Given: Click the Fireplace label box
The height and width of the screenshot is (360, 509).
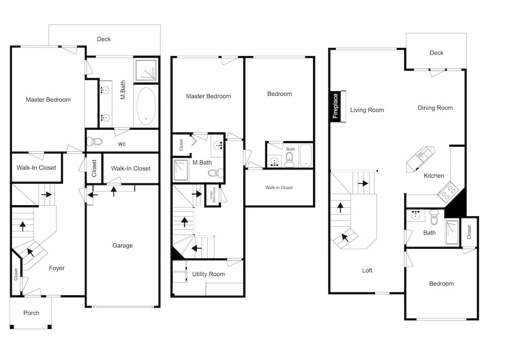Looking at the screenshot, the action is [x=335, y=106].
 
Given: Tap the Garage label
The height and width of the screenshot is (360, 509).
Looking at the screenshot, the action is [x=122, y=245].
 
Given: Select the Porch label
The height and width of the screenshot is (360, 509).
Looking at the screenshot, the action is [x=31, y=313].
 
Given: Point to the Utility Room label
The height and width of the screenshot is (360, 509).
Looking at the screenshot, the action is [x=208, y=274].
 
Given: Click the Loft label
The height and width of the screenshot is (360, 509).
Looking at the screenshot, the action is [x=367, y=270].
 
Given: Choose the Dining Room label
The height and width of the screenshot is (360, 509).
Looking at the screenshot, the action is [x=435, y=108].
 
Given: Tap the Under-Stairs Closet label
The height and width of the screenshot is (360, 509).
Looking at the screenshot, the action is [x=213, y=195].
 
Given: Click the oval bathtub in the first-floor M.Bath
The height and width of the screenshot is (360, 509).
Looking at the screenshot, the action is [x=146, y=106].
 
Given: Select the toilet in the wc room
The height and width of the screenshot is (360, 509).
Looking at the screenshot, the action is [x=95, y=142].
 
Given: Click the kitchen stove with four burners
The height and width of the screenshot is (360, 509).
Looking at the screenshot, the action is [x=448, y=192].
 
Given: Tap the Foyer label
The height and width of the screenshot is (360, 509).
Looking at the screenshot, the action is [x=57, y=268].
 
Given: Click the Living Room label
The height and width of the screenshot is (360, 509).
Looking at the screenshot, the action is [x=367, y=110].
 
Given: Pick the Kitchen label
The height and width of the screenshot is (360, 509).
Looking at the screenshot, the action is [x=434, y=176].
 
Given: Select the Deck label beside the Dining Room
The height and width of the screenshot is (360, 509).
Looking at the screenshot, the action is [x=436, y=52].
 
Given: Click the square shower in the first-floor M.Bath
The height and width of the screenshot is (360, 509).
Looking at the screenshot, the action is [x=146, y=69].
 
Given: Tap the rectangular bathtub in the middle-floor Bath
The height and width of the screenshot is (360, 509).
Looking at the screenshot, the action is [x=306, y=155].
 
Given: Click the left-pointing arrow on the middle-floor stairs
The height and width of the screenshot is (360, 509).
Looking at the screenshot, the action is [x=196, y=249].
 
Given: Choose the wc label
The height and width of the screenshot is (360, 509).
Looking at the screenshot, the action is [x=122, y=144].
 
